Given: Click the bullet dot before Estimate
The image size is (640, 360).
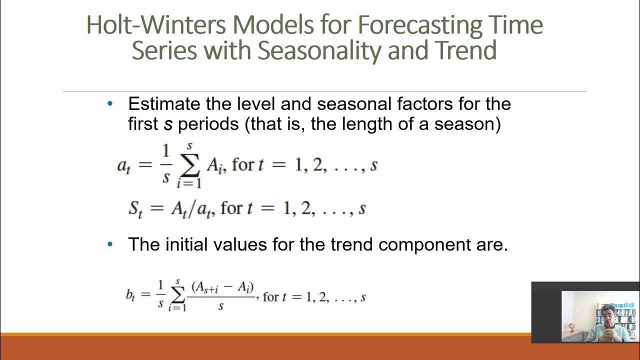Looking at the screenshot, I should pos(110,104).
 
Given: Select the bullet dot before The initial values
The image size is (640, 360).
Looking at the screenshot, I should pos(110,244).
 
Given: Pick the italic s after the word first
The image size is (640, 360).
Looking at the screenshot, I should pos(168,124).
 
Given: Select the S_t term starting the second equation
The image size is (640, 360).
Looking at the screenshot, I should pos(135,208).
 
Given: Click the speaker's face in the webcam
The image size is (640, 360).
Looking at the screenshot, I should pos(607,315).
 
